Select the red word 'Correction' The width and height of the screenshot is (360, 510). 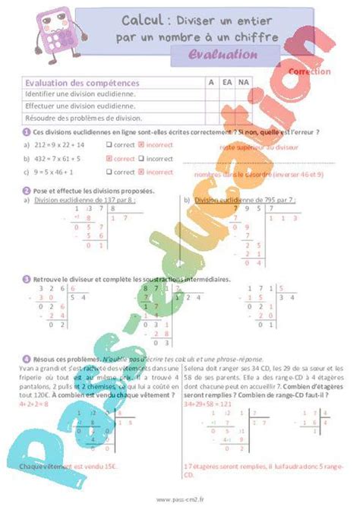point(310,71)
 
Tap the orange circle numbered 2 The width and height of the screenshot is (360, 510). point(27,191)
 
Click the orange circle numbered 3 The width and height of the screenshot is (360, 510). point(27,280)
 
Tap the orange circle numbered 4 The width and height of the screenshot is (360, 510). point(27,358)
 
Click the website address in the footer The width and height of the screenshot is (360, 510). point(180,499)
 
